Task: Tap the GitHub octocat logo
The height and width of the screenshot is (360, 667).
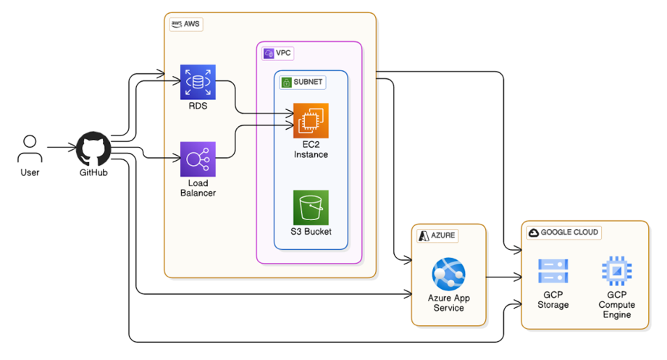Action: (x=93, y=148)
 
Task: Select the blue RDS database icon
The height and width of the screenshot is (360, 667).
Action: (x=198, y=82)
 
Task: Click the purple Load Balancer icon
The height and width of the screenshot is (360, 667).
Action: (x=198, y=159)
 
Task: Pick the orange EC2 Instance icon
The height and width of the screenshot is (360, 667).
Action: (x=311, y=120)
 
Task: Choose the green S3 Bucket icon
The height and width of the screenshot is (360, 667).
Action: (x=311, y=208)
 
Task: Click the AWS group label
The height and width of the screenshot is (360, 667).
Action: (x=186, y=24)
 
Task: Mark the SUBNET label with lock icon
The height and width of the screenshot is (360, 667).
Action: (x=302, y=82)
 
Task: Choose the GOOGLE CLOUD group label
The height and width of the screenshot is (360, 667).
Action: (x=565, y=233)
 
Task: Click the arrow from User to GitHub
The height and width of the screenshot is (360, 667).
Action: (x=62, y=147)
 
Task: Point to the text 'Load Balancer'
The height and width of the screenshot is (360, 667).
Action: (x=198, y=188)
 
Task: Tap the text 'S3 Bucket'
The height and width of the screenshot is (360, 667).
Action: (x=311, y=232)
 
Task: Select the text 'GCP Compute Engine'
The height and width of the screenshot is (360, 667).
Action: (x=616, y=305)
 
